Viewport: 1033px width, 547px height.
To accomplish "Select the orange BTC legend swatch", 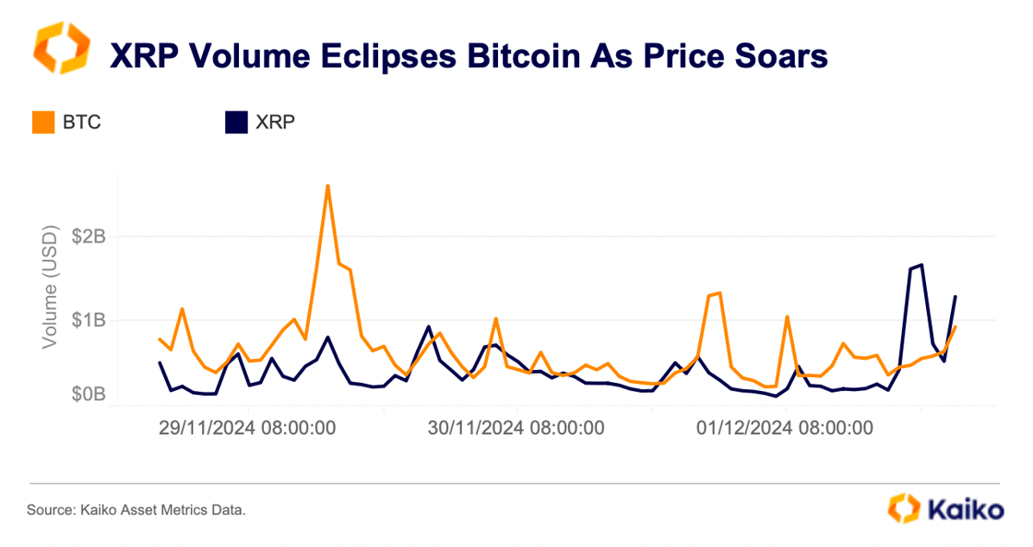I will coord(43,122).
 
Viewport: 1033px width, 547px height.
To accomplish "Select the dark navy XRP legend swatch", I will coord(237,122).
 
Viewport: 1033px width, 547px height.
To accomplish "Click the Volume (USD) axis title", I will coord(52,289).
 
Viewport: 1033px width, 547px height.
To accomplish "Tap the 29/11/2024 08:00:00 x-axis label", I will coord(246,429).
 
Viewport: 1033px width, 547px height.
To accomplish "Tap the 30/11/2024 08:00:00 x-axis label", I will coord(516,429).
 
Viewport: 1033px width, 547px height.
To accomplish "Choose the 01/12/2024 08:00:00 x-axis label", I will coord(785,429).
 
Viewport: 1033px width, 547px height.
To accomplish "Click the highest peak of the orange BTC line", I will coord(327,186).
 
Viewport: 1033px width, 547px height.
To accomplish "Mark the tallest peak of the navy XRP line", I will coord(921,265).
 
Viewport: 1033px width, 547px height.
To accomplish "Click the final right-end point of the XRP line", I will coord(956,297).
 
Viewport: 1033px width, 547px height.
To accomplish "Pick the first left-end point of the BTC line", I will coord(160,339).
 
